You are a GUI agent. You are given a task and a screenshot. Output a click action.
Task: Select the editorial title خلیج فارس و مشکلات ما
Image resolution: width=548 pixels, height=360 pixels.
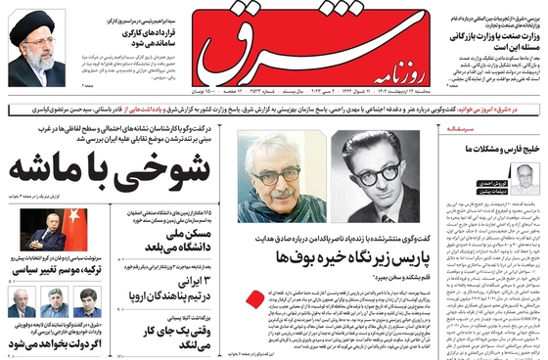point(489,148)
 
